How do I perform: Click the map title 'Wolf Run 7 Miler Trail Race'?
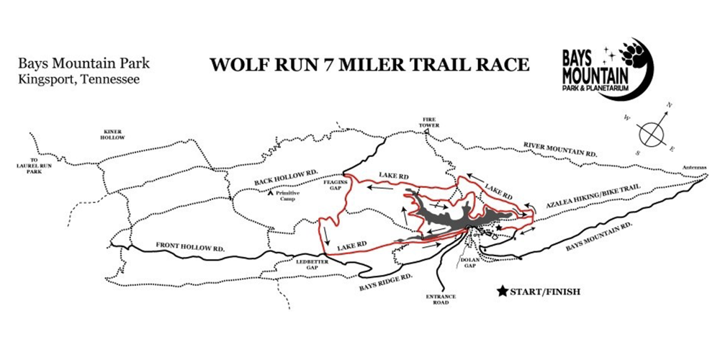tap(369, 64)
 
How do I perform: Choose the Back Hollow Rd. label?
tap(285, 177)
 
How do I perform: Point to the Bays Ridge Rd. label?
tap(386, 279)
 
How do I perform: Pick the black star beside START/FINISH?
tap(501, 292)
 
